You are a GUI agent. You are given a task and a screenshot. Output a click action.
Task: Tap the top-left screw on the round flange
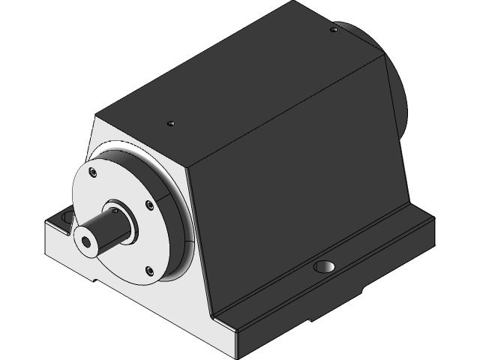92,172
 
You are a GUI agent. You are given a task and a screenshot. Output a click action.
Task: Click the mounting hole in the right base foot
325,267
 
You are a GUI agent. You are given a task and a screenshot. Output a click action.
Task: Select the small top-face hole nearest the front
172,123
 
